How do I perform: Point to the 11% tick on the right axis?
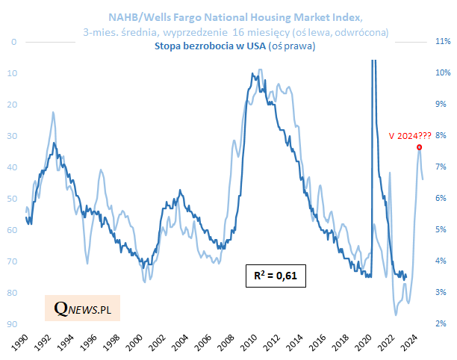coord(441,42)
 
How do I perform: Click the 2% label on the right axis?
coord(441,323)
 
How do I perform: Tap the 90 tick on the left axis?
coord(13,324)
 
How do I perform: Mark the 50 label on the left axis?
coord(13,199)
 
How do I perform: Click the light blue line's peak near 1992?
coord(53,112)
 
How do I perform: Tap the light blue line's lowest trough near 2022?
coord(396,315)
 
